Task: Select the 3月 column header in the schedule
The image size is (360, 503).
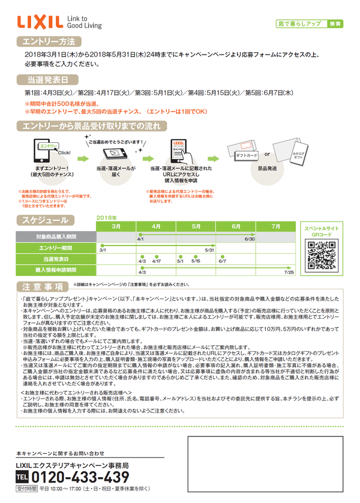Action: [x=116, y=227]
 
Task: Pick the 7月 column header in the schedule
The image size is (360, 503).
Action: [x=275, y=227]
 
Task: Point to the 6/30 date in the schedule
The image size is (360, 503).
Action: [x=250, y=239]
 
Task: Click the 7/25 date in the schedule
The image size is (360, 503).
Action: [x=289, y=273]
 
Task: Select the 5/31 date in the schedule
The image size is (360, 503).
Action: [x=209, y=250]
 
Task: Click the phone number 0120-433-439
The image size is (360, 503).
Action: [x=80, y=477]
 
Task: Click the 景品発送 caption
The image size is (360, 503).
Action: [x=267, y=169]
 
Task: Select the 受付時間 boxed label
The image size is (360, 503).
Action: [x=26, y=489]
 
